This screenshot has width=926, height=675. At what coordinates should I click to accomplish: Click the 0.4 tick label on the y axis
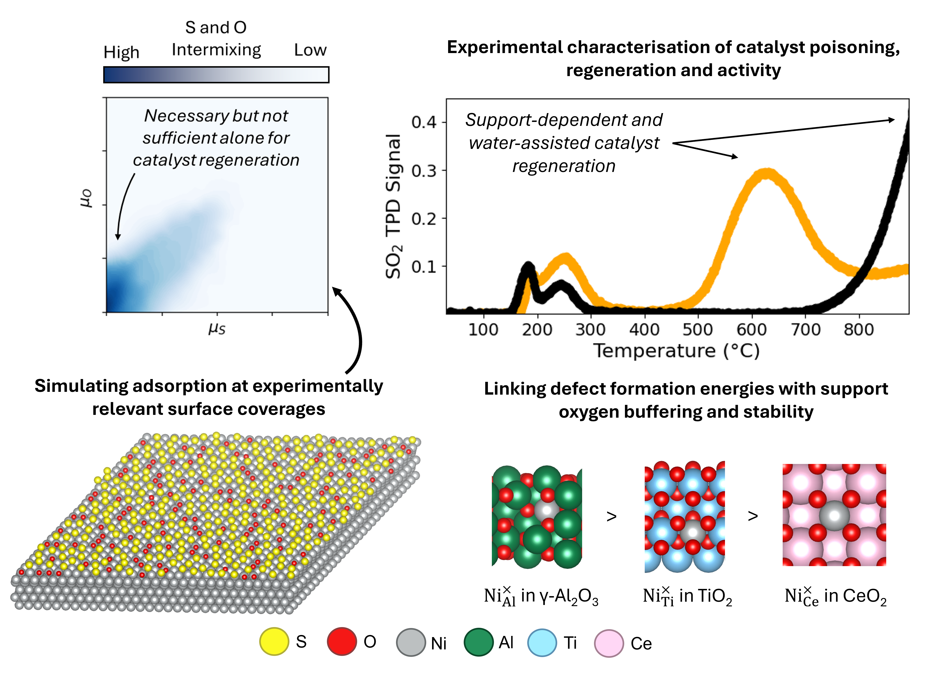(424, 122)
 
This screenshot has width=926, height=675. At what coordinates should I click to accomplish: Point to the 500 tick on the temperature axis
(698, 329)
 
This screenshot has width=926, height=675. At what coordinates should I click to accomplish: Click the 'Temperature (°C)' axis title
(676, 351)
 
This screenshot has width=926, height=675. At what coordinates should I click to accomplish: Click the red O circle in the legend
(342, 641)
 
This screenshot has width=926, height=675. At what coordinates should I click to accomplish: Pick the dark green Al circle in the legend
(478, 642)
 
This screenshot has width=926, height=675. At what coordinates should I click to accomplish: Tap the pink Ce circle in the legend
(609, 643)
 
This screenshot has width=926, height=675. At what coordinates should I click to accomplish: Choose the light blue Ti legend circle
(542, 643)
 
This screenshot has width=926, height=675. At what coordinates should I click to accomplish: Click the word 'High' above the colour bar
(121, 52)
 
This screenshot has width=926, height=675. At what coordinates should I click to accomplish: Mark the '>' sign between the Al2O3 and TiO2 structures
(611, 517)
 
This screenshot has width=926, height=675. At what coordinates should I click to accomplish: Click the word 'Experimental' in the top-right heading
(504, 47)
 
